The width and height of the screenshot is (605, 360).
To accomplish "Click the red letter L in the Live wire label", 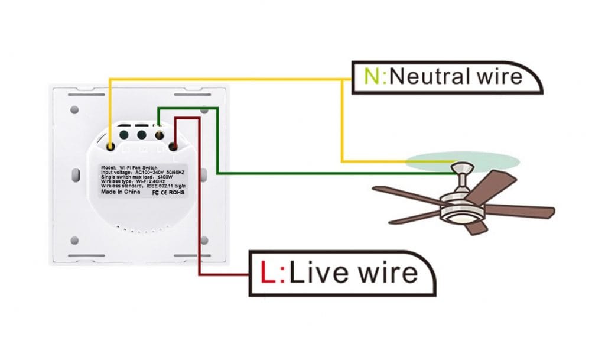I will (x=269, y=273).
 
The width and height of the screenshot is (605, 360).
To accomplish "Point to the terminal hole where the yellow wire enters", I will (x=111, y=144).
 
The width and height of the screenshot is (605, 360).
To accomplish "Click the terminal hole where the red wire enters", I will (x=174, y=145).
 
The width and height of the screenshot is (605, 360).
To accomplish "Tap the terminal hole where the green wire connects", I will (x=158, y=135).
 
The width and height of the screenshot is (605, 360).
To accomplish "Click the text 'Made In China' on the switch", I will (x=119, y=192).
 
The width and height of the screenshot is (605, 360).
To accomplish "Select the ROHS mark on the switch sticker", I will (x=178, y=192).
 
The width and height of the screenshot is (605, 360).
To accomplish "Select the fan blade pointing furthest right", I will (x=523, y=211).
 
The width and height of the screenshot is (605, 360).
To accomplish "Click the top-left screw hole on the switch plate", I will (x=74, y=110).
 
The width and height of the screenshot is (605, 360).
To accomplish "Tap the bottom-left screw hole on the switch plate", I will (x=74, y=241).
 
